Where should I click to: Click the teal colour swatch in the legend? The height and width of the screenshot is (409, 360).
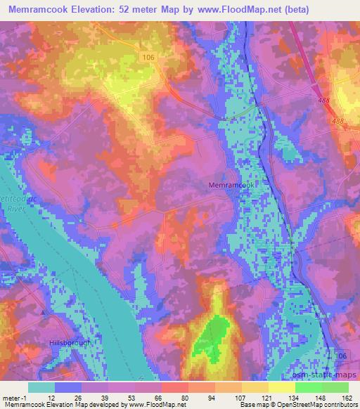click(x=41, y=387)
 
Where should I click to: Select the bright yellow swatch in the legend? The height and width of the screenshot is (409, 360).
click(x=282, y=387)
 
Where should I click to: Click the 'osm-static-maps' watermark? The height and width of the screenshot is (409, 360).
click(x=330, y=376)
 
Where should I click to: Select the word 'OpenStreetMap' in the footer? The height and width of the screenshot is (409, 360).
click(x=302, y=404)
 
